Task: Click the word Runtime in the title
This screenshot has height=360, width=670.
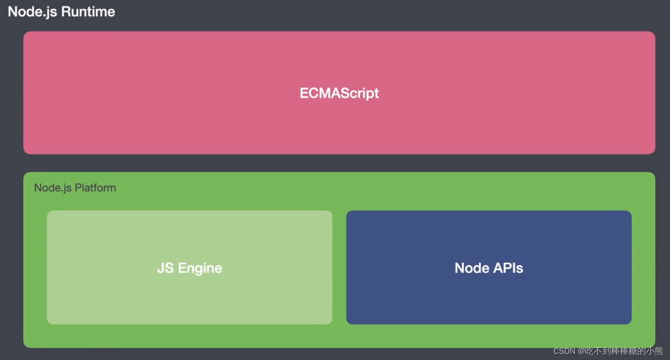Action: click(x=88, y=12)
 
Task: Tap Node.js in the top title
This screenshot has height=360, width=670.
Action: click(x=33, y=12)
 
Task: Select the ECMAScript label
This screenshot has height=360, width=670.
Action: click(x=339, y=93)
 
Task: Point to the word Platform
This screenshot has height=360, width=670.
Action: click(x=96, y=188)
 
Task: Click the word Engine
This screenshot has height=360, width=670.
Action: click(x=200, y=268)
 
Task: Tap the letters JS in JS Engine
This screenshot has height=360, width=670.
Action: click(x=165, y=268)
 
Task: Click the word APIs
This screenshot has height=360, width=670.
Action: click(x=508, y=268)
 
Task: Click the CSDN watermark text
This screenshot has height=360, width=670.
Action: click(x=564, y=351)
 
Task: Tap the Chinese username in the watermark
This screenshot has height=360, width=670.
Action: click(x=624, y=351)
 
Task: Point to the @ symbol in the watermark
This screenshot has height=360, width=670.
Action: click(x=581, y=351)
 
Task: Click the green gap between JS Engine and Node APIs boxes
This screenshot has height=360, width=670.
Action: click(x=339, y=267)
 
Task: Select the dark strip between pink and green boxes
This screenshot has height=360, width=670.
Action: click(x=339, y=163)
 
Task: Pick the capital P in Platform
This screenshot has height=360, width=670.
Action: click(x=78, y=188)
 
